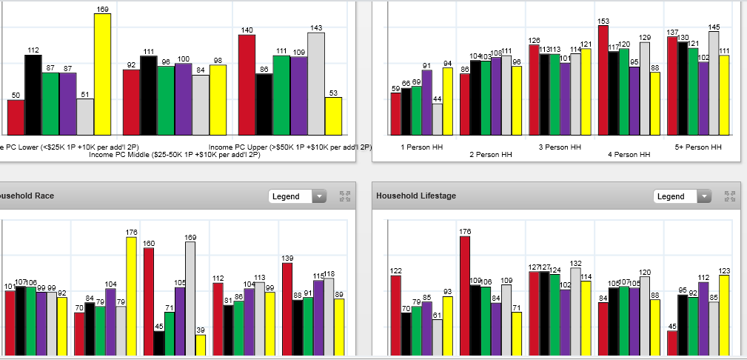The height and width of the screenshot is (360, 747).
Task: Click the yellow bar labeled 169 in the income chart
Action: point(102,74)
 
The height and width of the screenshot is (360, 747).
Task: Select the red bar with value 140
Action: point(247,84)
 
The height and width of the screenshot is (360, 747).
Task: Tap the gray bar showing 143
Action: point(316,83)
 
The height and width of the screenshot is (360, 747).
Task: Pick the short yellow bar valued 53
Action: point(333,116)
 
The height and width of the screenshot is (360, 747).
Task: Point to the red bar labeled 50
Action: point(16,117)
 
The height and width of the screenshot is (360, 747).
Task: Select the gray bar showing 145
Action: point(714,83)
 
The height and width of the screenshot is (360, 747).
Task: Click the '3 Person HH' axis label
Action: point(560,147)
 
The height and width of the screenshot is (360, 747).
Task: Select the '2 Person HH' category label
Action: point(490,155)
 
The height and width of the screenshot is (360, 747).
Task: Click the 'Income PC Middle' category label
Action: point(174,155)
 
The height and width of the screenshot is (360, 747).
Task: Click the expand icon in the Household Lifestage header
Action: point(730,196)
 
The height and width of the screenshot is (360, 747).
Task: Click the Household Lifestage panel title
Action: point(416,196)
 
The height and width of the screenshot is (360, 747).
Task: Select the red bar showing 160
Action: point(149,301)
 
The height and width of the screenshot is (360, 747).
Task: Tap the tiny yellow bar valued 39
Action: point(200,345)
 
